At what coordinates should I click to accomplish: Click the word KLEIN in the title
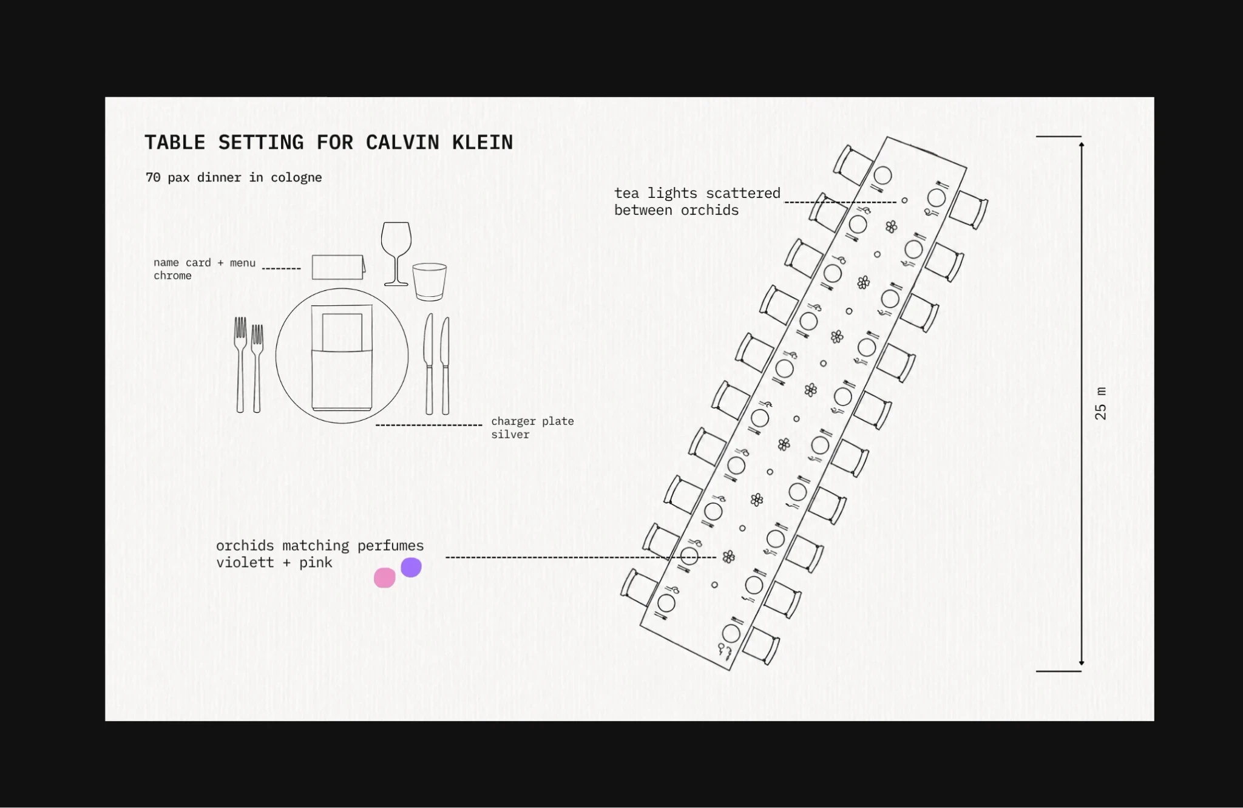pos(483,142)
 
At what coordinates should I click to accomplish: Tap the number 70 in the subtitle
pos(153,177)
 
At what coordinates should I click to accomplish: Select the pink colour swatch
pos(384,577)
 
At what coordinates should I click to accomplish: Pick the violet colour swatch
pos(411,568)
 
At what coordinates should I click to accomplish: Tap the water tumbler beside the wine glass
pos(430,282)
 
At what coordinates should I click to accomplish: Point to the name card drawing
pos(339,267)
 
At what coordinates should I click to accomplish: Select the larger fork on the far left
pos(240,365)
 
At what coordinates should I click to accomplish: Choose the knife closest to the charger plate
pos(429,364)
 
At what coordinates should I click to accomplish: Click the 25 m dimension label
pos(1100,404)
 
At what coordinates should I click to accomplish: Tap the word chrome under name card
pos(172,276)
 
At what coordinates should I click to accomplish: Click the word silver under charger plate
pos(510,435)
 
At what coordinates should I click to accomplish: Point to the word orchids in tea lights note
pos(710,210)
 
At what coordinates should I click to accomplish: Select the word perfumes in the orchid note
pos(390,546)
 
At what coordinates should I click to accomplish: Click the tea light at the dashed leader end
pos(904,200)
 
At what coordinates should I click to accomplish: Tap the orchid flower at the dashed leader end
pos(729,556)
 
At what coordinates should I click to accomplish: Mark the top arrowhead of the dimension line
pos(1082,144)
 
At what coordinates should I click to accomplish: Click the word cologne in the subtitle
pos(296,178)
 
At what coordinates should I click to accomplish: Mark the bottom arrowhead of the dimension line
pos(1082,662)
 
